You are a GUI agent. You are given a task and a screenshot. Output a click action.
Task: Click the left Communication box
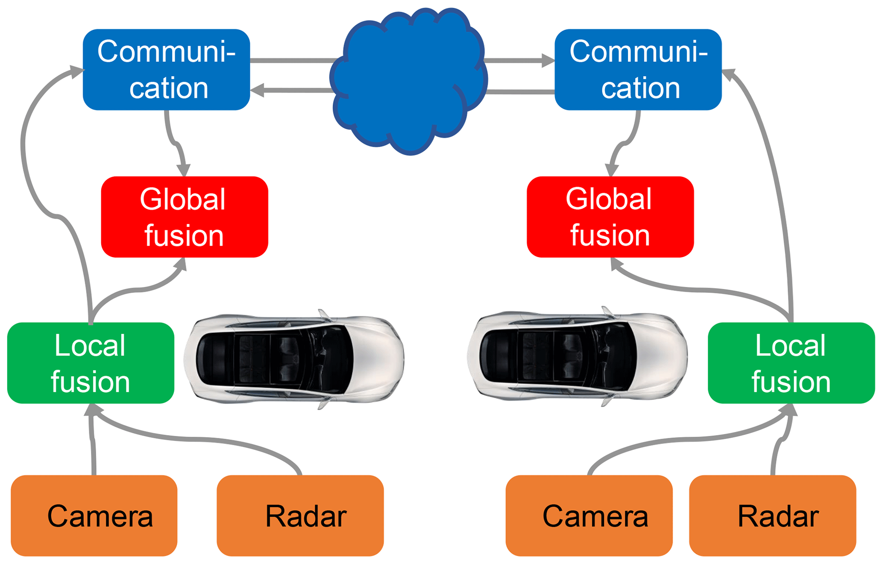pyautogui.click(x=166, y=70)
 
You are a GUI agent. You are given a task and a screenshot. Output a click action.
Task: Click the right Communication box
pyautogui.click(x=638, y=70)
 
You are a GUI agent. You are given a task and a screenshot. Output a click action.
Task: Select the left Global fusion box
pyautogui.click(x=185, y=217)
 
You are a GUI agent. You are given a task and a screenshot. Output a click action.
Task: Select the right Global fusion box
pyautogui.click(x=610, y=217)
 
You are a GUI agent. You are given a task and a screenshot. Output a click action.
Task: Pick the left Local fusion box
pyautogui.click(x=91, y=363)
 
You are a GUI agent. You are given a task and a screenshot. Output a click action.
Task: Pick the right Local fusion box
pyautogui.click(x=791, y=363)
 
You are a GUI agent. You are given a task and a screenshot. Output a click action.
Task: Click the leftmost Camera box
pyautogui.click(x=94, y=515)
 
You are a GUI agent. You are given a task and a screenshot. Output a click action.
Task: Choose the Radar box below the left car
pyautogui.click(x=300, y=515)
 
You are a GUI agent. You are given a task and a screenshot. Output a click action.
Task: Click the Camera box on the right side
pyautogui.click(x=589, y=515)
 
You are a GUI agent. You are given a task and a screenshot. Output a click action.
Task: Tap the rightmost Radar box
pyautogui.click(x=772, y=515)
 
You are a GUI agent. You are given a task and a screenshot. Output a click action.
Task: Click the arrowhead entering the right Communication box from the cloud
pyautogui.click(x=548, y=61)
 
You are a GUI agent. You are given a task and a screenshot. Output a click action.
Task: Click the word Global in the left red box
pyautogui.click(x=182, y=199)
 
